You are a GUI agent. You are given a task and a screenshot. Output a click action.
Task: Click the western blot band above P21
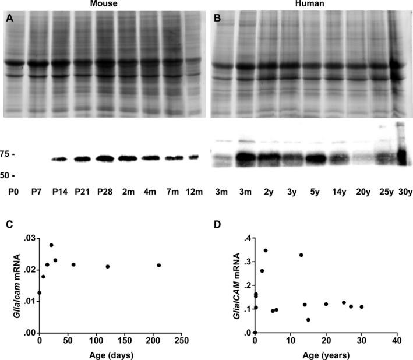pyautogui.click(x=83, y=158)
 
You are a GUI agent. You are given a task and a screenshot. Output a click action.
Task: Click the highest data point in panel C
pyautogui.click(x=51, y=245)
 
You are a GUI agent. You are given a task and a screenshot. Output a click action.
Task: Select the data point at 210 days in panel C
pyautogui.click(x=158, y=265)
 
